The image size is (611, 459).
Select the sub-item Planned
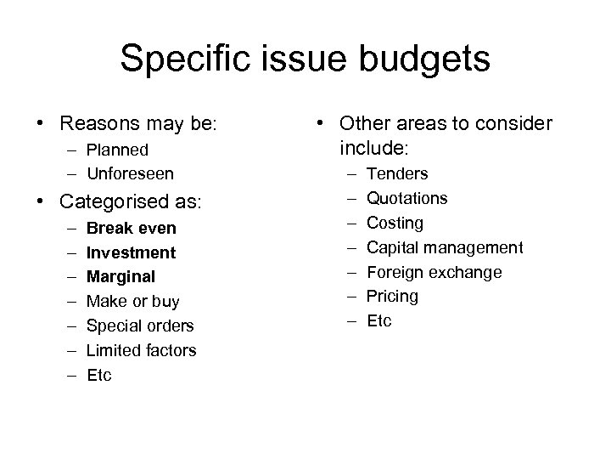pyautogui.click(x=118, y=150)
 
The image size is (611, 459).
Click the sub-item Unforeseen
pyautogui.click(x=131, y=173)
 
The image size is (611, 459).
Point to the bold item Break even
pyautogui.click(x=132, y=228)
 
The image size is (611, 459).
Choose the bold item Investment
pyautogui.click(x=132, y=252)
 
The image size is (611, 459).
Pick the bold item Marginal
pyautogui.click(x=122, y=276)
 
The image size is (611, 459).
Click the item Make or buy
pyautogui.click(x=133, y=301)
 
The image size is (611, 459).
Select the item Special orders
pyautogui.click(x=141, y=326)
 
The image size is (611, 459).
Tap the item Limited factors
pyautogui.click(x=142, y=350)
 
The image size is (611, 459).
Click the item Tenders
pyautogui.click(x=397, y=173)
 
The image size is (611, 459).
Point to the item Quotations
pyautogui.click(x=406, y=198)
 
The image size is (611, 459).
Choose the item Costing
pyautogui.click(x=395, y=223)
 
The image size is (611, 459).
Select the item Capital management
pyautogui.click(x=445, y=247)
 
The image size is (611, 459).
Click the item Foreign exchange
pyautogui.click(x=434, y=272)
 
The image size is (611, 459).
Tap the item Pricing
pyautogui.click(x=393, y=296)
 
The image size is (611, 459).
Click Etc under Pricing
pyautogui.click(x=379, y=320)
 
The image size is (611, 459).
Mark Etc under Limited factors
pyautogui.click(x=99, y=375)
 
